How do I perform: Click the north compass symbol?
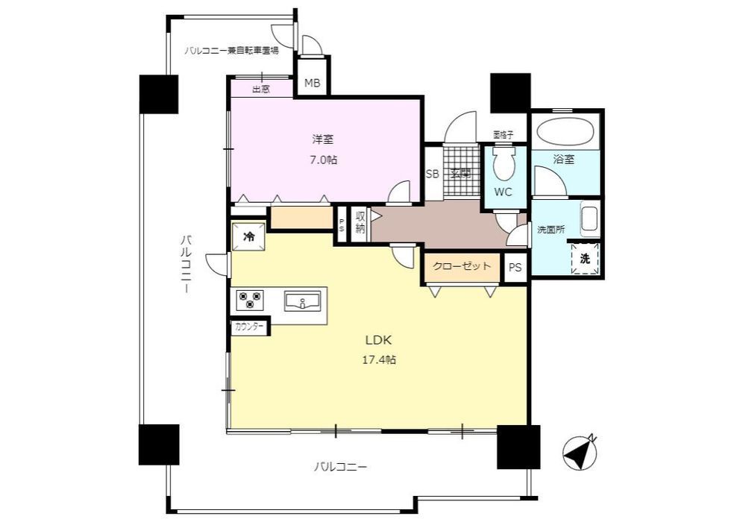[x=580, y=452]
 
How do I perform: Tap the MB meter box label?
[x=312, y=84]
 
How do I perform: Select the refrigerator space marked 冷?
[x=248, y=236]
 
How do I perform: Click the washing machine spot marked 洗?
[x=585, y=259]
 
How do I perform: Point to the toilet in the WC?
[x=504, y=164]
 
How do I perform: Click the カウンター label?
[x=249, y=327]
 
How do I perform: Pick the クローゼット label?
[x=462, y=265]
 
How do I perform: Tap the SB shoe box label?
[x=432, y=174]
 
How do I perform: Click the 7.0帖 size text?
[x=324, y=160]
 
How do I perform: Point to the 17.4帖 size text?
[x=380, y=359]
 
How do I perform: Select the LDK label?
[x=378, y=340]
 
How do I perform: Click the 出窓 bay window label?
[x=260, y=89]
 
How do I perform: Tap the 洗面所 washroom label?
[x=551, y=230]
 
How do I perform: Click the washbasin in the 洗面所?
[x=589, y=220]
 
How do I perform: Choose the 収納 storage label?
[x=360, y=222]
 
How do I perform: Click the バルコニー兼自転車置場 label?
[x=232, y=51]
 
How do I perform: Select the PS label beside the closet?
[x=515, y=268]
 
